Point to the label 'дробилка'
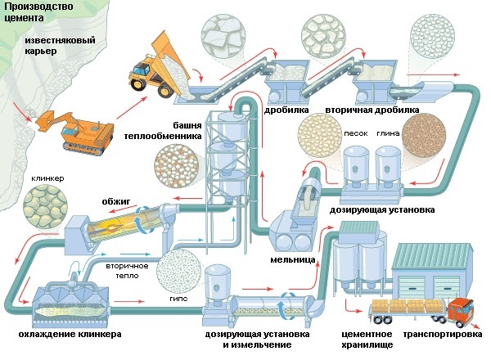point(286,109)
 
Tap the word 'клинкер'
point(47,178)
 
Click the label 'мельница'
point(287,261)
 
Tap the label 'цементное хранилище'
point(366,340)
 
